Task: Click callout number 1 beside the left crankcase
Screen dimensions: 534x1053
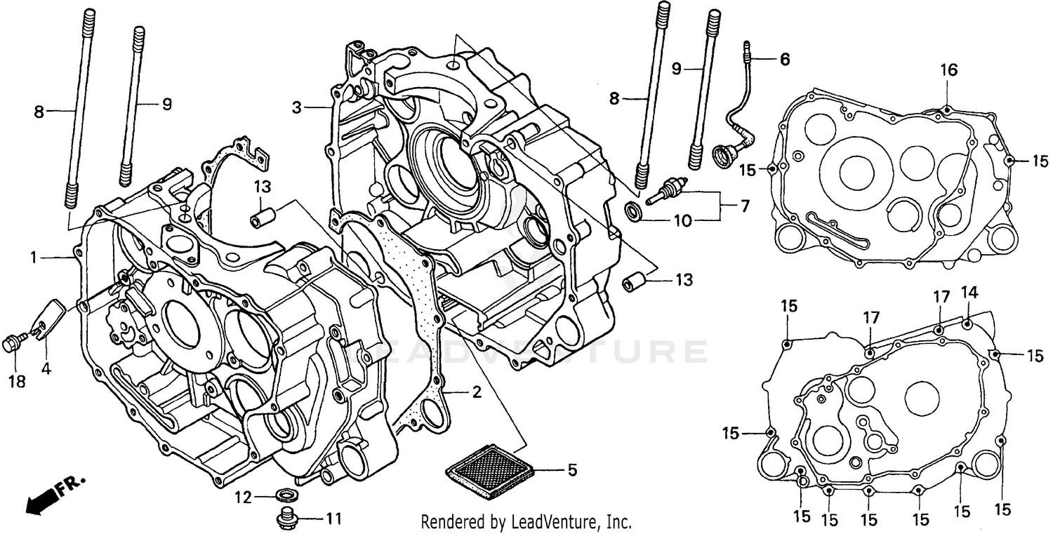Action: (x=33, y=258)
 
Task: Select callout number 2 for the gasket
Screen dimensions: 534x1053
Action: (x=477, y=393)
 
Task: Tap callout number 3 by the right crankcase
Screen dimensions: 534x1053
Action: (x=298, y=107)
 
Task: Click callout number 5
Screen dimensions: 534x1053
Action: (x=572, y=469)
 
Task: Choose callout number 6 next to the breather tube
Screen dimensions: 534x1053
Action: (x=784, y=60)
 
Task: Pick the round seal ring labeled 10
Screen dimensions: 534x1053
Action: (x=633, y=210)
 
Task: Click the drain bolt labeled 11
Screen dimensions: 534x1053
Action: (x=286, y=518)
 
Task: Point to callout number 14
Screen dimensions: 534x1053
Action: (x=969, y=292)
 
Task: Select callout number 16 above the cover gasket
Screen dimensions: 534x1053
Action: (x=948, y=69)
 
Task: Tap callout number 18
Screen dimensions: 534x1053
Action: (x=15, y=381)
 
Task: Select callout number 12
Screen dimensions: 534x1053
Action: (x=243, y=498)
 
